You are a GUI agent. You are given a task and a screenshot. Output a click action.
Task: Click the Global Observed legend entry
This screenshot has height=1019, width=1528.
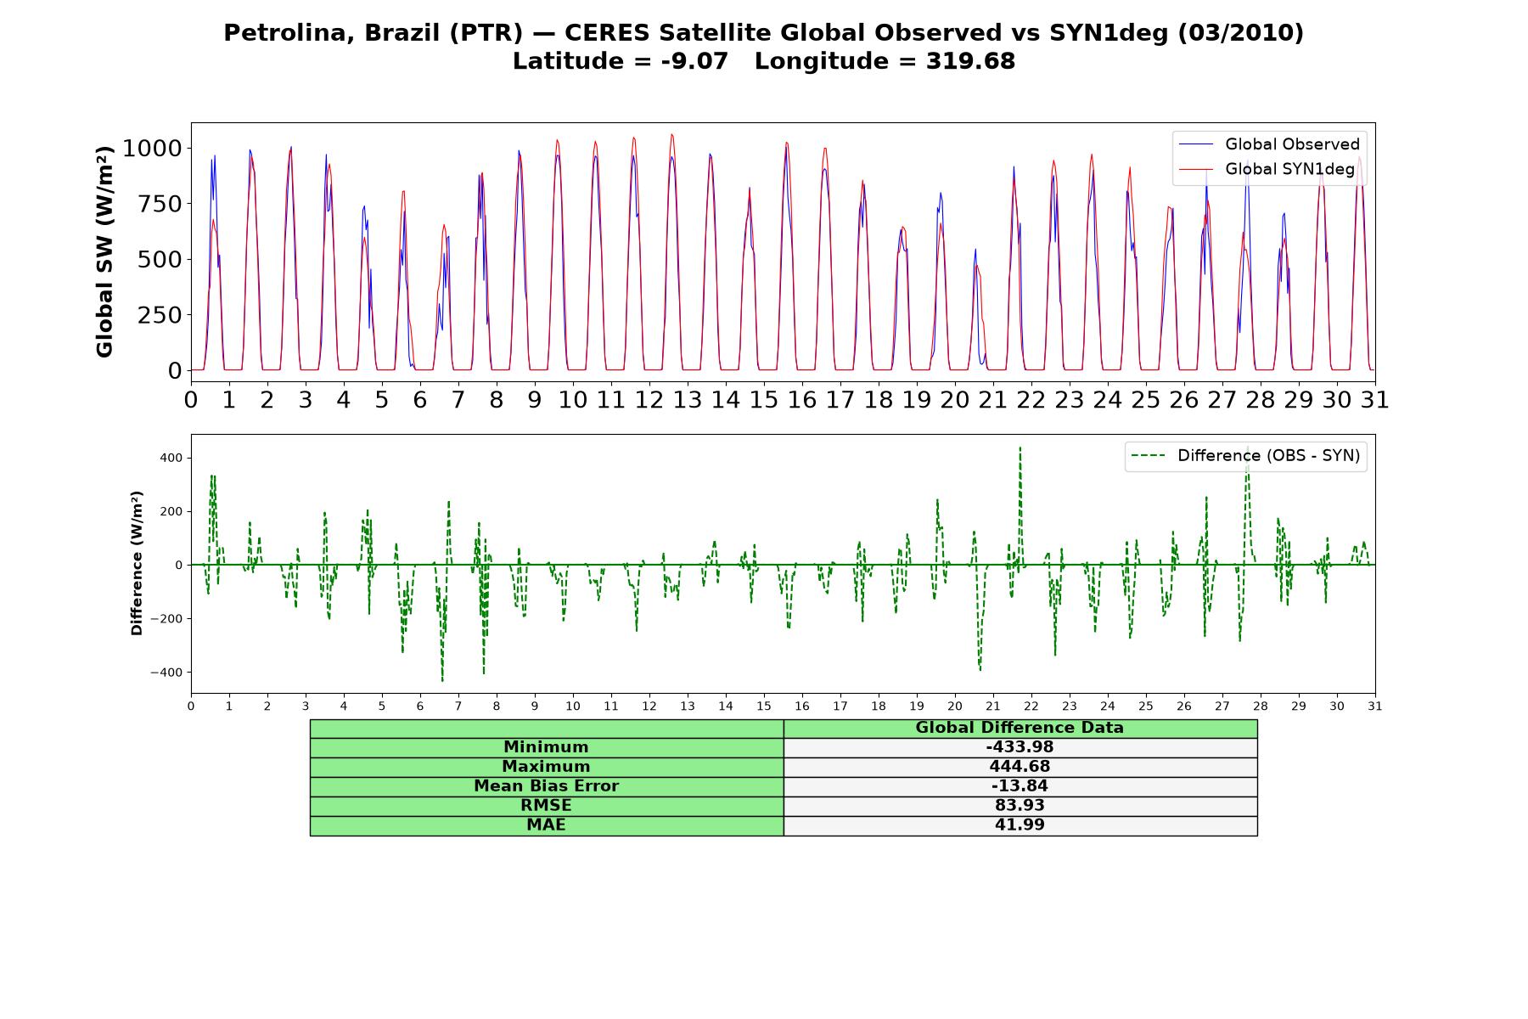pyautogui.click(x=1269, y=144)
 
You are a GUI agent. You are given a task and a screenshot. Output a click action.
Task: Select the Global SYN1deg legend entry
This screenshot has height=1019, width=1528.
pyautogui.click(x=1269, y=169)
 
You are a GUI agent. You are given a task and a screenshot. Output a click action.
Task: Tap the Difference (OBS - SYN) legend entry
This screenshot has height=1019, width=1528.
pyautogui.click(x=1246, y=456)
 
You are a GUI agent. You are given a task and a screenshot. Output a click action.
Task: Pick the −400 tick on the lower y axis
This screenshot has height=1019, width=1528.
pyautogui.click(x=166, y=673)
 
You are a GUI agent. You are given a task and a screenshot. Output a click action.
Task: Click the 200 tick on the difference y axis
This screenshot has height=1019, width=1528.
pyautogui.click(x=172, y=511)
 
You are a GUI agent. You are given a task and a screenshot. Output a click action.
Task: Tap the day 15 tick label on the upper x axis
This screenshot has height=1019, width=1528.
pyautogui.click(x=763, y=399)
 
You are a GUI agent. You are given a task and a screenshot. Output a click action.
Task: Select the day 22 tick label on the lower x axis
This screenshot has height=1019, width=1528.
pyautogui.click(x=1031, y=706)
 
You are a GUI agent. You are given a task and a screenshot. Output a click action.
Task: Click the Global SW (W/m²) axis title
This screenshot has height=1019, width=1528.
pyautogui.click(x=104, y=251)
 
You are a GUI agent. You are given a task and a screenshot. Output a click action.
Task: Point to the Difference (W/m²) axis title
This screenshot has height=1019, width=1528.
pyautogui.click(x=137, y=563)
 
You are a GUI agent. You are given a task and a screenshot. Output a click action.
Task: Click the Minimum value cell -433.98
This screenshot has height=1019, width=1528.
pyautogui.click(x=1020, y=747)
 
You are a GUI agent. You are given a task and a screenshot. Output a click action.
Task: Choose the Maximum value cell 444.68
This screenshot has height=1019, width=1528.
pyautogui.click(x=1020, y=767)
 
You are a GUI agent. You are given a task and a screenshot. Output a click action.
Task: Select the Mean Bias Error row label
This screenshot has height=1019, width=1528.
pyautogui.click(x=546, y=786)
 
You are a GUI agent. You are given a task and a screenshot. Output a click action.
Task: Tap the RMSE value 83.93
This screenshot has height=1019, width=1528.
pyautogui.click(x=1020, y=806)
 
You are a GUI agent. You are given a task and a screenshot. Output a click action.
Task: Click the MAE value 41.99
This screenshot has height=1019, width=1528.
pyautogui.click(x=1020, y=825)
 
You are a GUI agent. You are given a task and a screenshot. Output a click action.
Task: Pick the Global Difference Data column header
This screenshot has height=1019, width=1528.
pyautogui.click(x=1020, y=728)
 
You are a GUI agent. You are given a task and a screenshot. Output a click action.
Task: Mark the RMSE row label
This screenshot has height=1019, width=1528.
pyautogui.click(x=546, y=806)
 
